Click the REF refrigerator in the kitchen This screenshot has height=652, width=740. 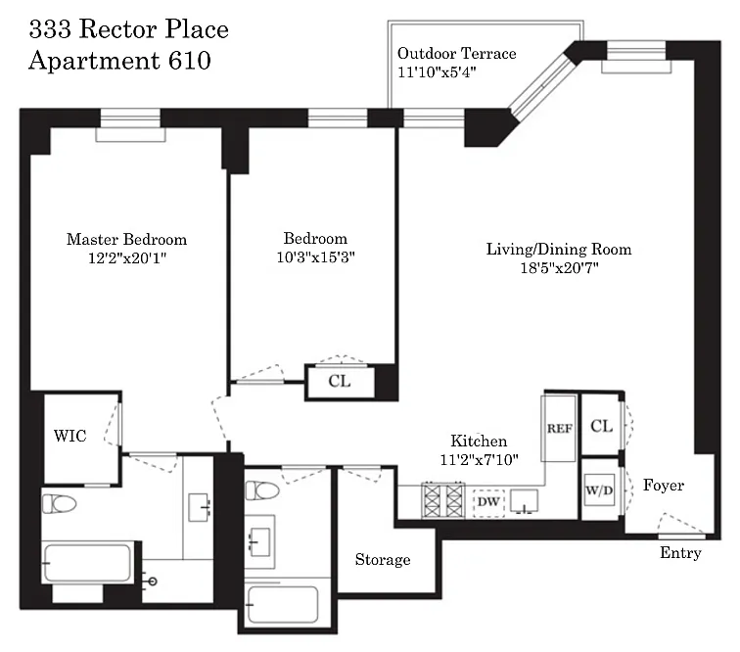[559, 428]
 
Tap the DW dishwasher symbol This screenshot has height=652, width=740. [488, 501]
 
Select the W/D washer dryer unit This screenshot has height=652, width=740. [599, 490]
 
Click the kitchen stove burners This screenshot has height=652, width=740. [443, 500]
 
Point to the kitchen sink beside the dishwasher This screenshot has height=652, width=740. [524, 501]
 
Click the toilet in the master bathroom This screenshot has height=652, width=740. [60, 503]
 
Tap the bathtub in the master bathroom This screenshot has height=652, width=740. [88, 563]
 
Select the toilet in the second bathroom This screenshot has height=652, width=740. [262, 490]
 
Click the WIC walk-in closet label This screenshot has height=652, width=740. [70, 436]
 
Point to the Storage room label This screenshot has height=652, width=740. [383, 559]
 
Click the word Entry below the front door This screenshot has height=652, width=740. [680, 553]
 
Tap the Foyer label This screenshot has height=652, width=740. [663, 485]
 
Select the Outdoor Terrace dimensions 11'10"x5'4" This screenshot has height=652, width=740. [437, 72]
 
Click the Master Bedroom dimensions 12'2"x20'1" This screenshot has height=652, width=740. [127, 258]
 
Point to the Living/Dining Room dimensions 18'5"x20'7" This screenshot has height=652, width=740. [559, 268]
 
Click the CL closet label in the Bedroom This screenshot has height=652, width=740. [340, 381]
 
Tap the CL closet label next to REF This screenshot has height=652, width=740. [602, 426]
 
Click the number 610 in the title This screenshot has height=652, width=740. [189, 61]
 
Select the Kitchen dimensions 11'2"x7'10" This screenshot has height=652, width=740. [479, 459]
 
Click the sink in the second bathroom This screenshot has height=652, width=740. [260, 541]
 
